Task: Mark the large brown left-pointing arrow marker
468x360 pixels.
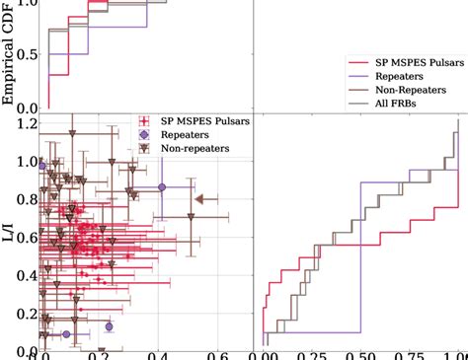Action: pos(199,199)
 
